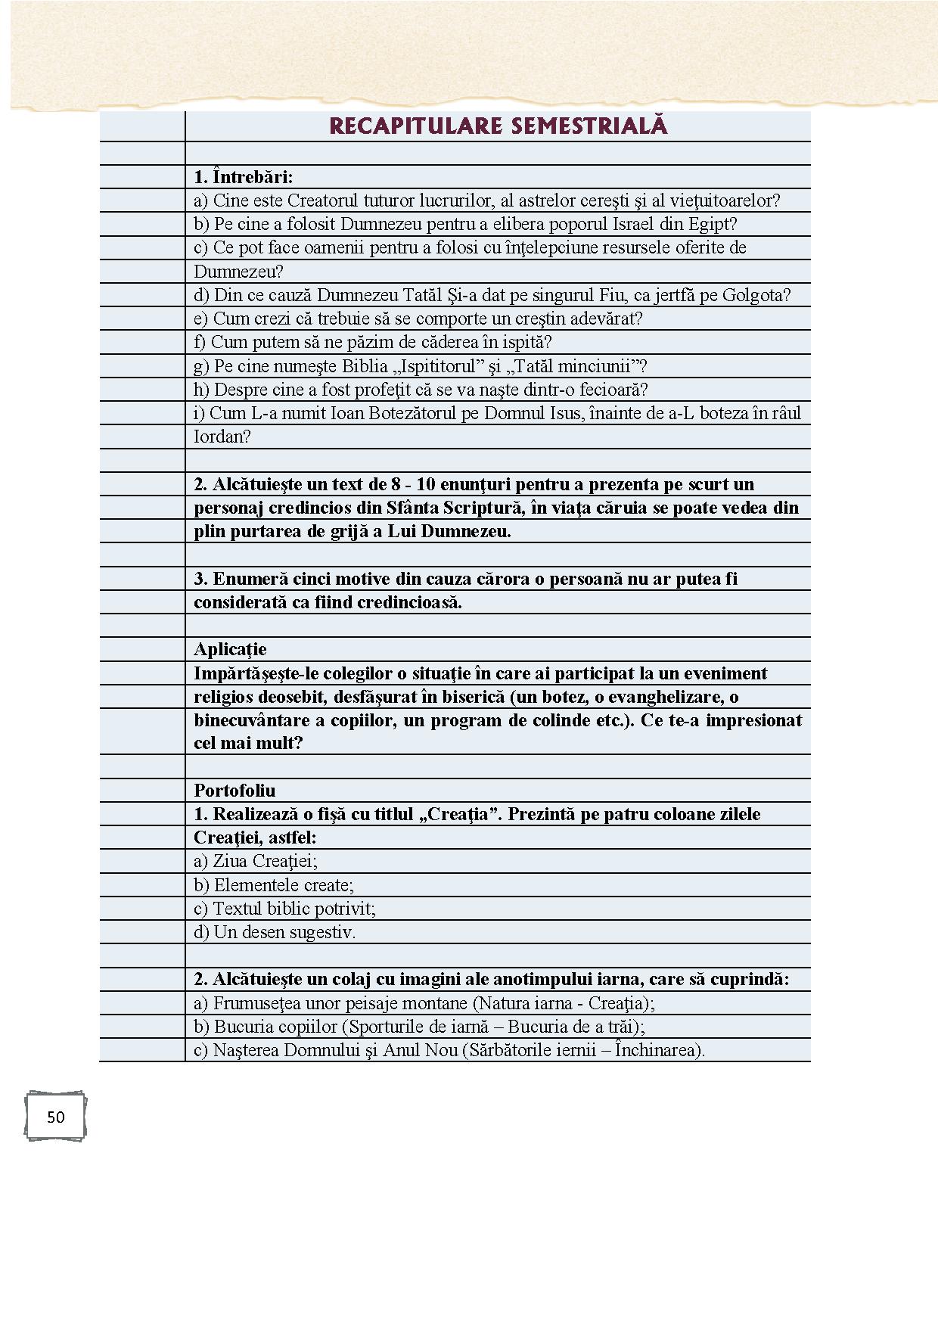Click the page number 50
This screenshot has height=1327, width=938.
[55, 1117]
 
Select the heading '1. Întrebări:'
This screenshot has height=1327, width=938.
[243, 177]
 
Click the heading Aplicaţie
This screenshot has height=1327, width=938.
[230, 649]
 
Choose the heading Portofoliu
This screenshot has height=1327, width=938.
[234, 791]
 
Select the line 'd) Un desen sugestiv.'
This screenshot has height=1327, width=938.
[275, 932]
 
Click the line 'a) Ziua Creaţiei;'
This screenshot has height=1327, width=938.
[256, 861]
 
